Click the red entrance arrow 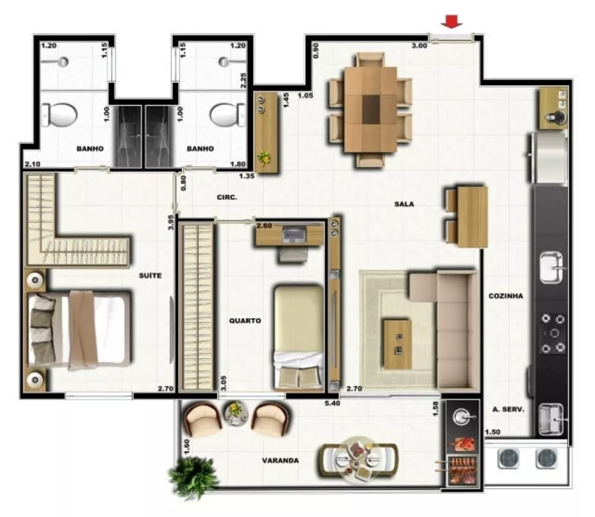coord(452,22)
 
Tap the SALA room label coord(404,204)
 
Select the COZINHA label coord(506,296)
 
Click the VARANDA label coord(280,460)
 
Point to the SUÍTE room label coord(151,275)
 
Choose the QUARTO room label coord(245,321)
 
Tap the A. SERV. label coord(508,409)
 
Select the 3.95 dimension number coord(171,222)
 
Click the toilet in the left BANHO coord(60,114)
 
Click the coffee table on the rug coord(397,343)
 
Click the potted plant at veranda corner coord(193,477)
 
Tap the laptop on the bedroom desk coord(294,234)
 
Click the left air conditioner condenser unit coord(508,458)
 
